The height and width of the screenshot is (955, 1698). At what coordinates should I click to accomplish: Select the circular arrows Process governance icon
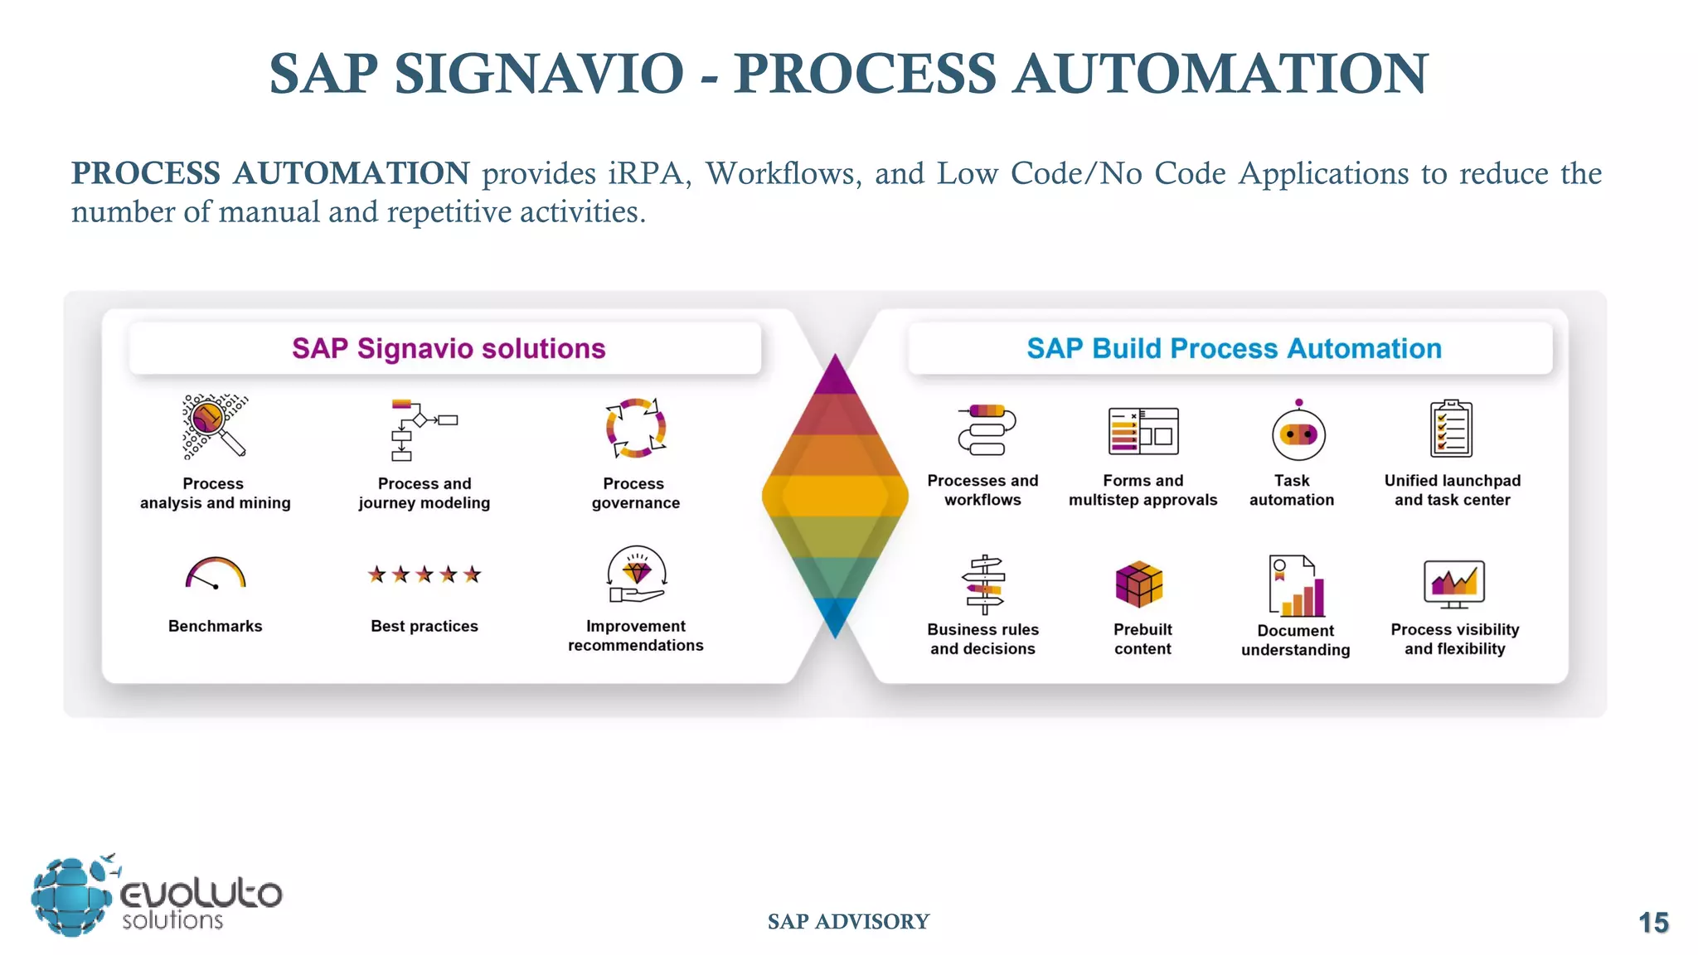point(635,428)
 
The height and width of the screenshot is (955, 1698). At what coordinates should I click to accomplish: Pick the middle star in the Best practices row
point(424,574)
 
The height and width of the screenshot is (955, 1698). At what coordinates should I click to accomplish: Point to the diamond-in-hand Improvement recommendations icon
point(636,574)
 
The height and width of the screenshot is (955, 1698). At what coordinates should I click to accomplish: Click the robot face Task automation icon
point(1298,433)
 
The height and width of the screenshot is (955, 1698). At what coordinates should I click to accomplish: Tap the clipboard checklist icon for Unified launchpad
point(1451,429)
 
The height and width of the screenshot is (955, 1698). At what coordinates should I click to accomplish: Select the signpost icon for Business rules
point(983,584)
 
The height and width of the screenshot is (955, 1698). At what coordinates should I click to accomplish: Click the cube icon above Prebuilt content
point(1139,584)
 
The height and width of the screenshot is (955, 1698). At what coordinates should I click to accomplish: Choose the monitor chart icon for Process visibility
point(1454,583)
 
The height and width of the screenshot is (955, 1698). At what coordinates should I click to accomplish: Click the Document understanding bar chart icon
point(1297,586)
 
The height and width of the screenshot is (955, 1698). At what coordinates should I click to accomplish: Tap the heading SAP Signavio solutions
point(449,348)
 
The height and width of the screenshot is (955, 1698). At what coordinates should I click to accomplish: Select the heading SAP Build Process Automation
point(1234,348)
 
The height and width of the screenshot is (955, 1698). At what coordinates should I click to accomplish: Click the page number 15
point(1653,923)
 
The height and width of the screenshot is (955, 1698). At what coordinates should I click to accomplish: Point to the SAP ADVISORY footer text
point(848,921)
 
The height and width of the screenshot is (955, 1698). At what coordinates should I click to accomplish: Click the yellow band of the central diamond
point(835,496)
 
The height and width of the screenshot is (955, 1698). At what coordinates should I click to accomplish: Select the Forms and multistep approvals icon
point(1143,430)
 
